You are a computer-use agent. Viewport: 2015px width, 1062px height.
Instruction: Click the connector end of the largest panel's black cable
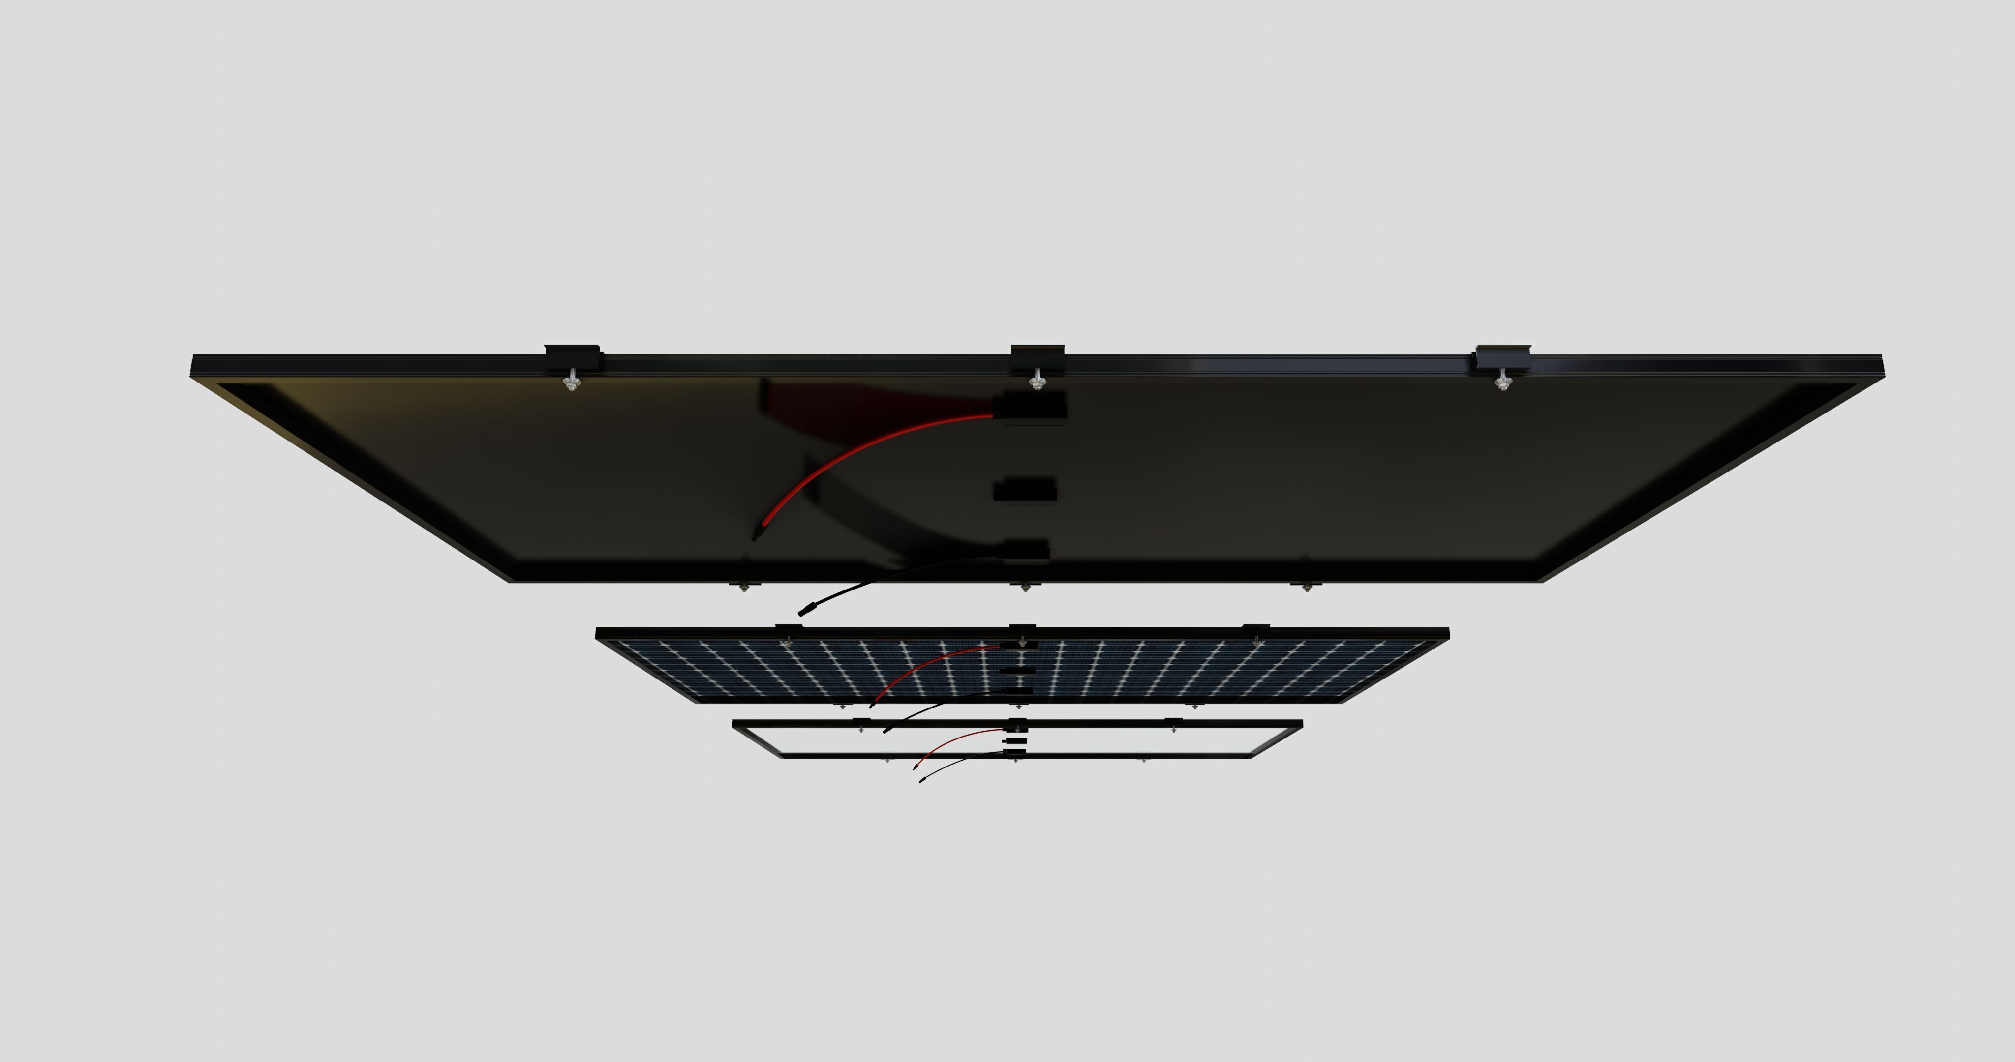[806, 608]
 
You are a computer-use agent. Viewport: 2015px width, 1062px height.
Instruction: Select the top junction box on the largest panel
[1030, 408]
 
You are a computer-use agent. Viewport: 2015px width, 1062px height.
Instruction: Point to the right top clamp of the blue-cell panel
[1255, 629]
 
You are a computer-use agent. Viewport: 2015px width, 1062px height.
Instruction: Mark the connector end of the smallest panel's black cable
[921, 780]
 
